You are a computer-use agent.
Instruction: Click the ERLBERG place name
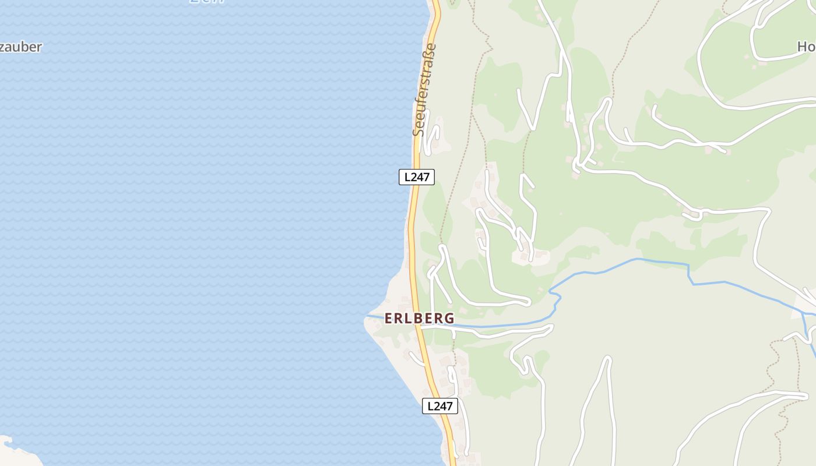[419, 318]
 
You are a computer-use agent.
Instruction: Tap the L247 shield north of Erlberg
[417, 177]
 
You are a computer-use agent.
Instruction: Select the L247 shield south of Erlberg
[440, 406]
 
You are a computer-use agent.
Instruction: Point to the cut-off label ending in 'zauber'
[21, 47]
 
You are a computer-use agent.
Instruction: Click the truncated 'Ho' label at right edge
[806, 47]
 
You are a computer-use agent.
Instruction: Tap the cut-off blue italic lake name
[207, 2]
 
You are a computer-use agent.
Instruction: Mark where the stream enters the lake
[367, 316]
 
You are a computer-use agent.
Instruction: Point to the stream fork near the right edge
[803, 313]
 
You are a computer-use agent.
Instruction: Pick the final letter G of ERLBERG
[449, 318]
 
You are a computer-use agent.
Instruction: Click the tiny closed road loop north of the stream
[692, 215]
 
